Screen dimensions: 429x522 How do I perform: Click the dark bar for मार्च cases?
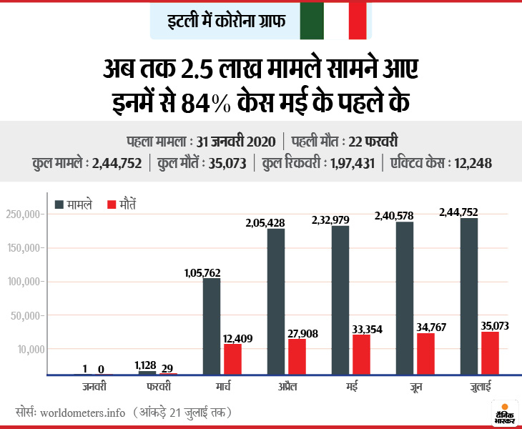[212, 326]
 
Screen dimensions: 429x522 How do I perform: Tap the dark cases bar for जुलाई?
[469, 296]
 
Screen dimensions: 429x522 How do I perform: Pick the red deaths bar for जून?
[426, 354]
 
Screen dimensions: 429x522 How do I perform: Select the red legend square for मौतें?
[111, 204]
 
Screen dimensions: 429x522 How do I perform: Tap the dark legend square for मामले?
[59, 204]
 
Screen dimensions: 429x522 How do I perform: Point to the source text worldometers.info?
[84, 413]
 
